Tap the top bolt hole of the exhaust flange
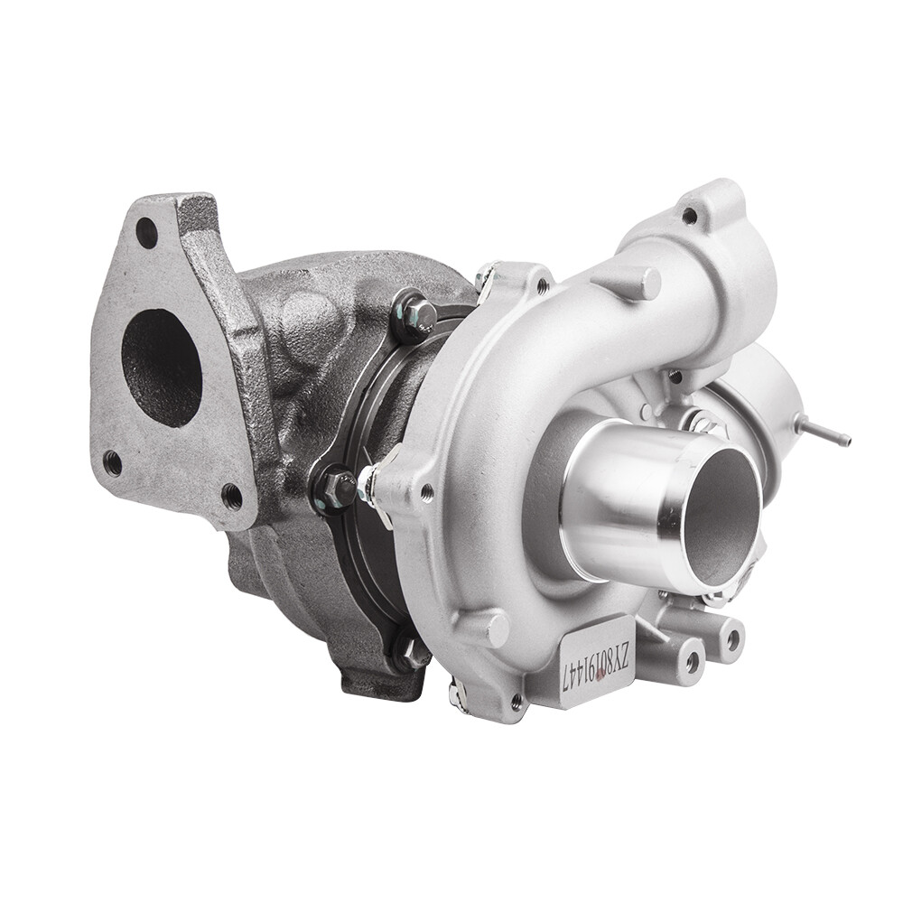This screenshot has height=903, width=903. pyautogui.click(x=148, y=234)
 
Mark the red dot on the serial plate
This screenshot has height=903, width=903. pyautogui.click(x=602, y=678)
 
